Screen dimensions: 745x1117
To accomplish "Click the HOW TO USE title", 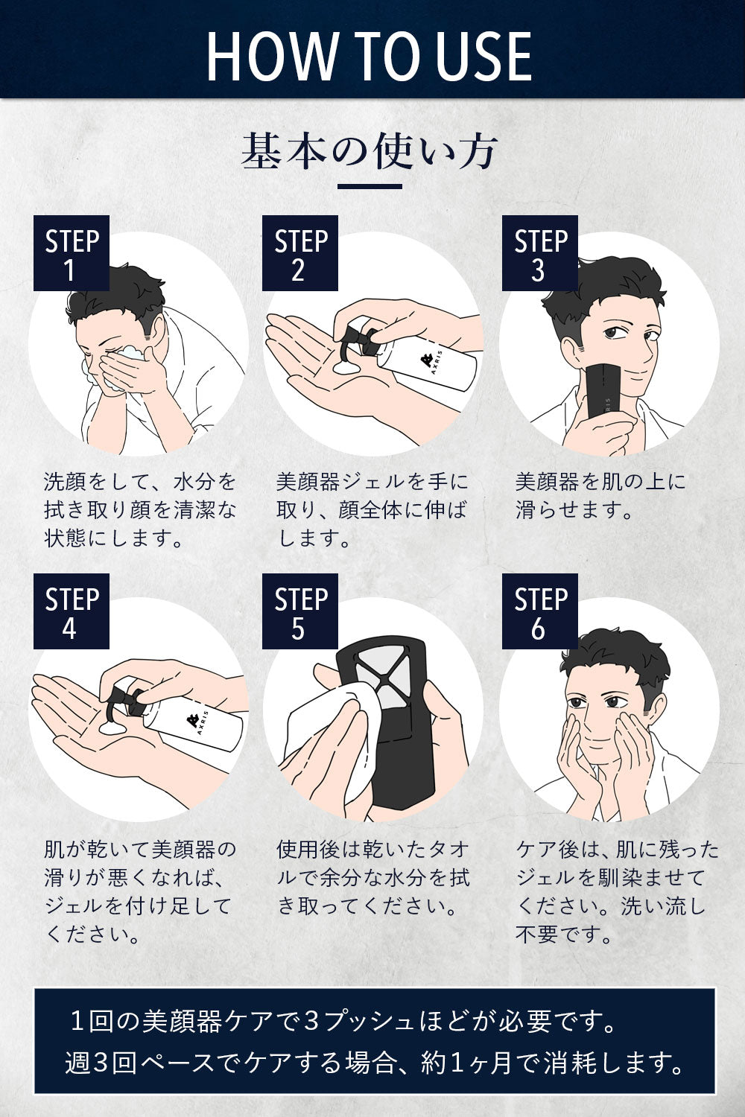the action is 370,56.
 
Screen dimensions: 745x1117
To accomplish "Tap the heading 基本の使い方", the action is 370,150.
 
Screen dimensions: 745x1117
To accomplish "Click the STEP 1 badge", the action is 72,253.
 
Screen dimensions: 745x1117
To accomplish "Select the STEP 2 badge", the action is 300,253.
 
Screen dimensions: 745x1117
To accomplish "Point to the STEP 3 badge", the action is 540,253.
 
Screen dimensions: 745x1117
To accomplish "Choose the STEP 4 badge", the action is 72,611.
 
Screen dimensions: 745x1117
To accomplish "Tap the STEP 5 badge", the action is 300,611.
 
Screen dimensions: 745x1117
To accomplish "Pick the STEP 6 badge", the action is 540,611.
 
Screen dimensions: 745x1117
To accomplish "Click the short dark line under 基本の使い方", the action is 370,186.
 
